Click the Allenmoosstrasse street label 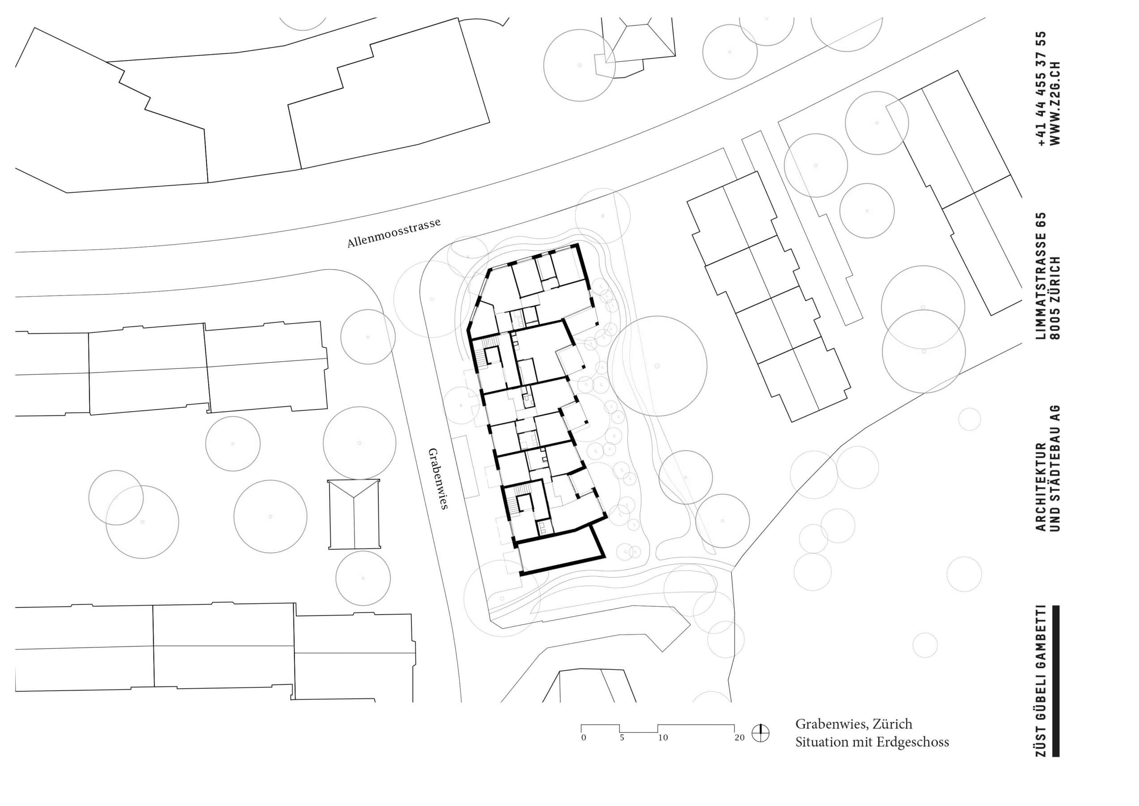(x=394, y=233)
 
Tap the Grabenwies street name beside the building (x=438, y=479)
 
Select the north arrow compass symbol (x=760, y=733)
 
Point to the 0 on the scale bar (x=584, y=738)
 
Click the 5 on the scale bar (x=622, y=738)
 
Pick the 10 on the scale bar (x=663, y=738)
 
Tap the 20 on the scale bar (x=740, y=738)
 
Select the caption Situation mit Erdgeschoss (x=872, y=742)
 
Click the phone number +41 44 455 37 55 (x=1041, y=88)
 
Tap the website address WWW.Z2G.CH (x=1056, y=103)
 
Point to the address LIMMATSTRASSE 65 (x=1041, y=276)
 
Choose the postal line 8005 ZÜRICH (x=1056, y=298)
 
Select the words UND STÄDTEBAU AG (x=1056, y=468)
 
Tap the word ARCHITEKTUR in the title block (x=1041, y=486)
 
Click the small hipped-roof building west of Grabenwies (x=354, y=514)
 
